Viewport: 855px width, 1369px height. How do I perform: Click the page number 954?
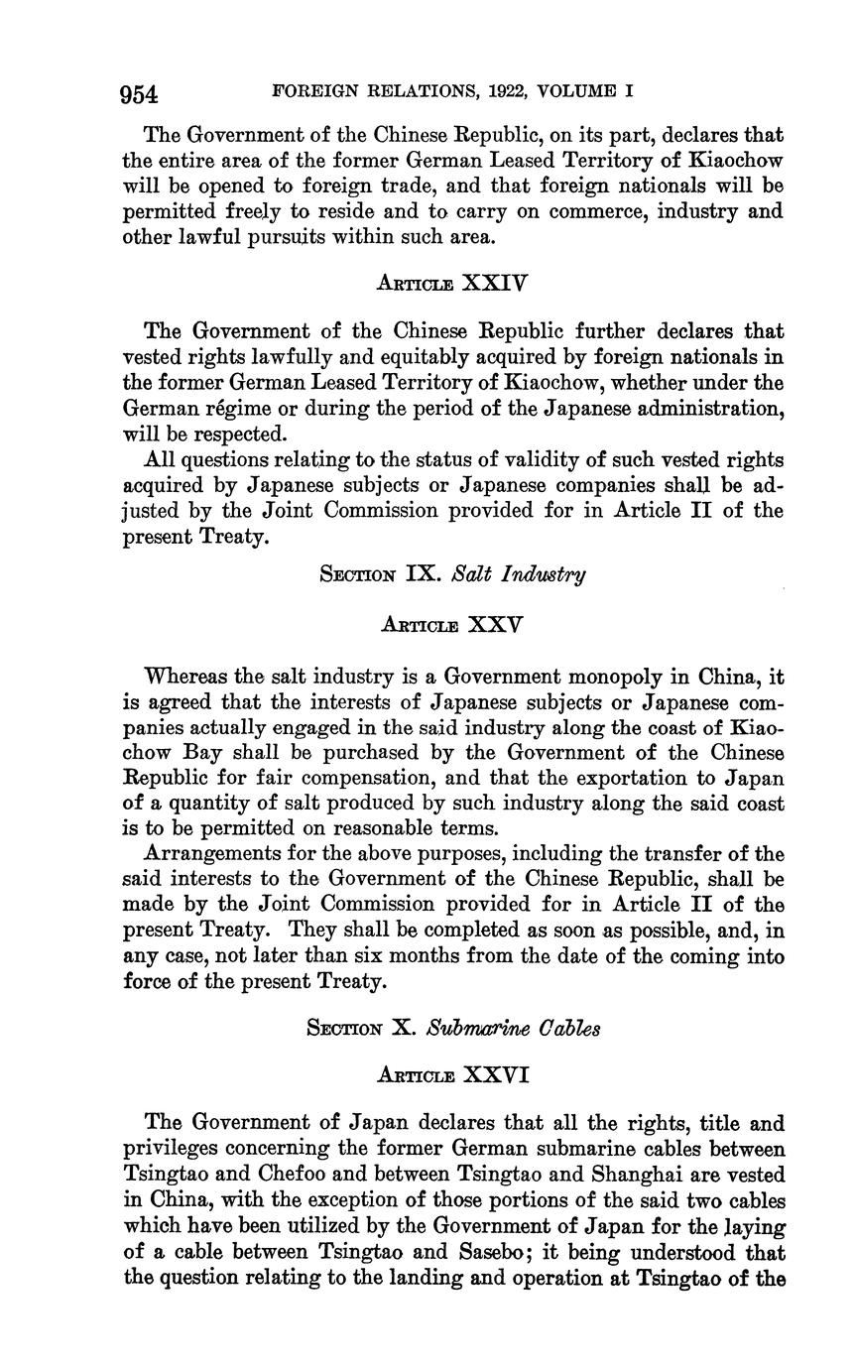(x=139, y=94)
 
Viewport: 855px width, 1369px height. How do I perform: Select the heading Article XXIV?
(x=452, y=283)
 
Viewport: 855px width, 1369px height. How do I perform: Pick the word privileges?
(x=171, y=1150)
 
